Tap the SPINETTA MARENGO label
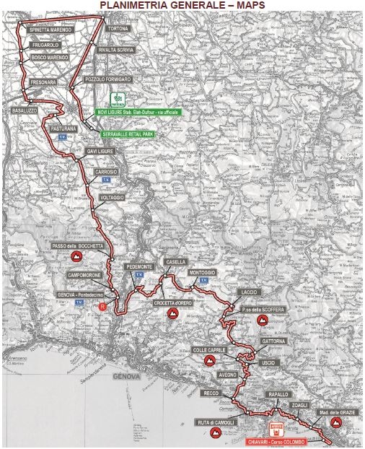[x=51, y=30]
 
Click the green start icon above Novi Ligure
[x=120, y=99]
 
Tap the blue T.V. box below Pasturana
[x=62, y=136]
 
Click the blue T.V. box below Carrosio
[x=106, y=180]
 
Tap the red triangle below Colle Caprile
[x=210, y=359]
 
